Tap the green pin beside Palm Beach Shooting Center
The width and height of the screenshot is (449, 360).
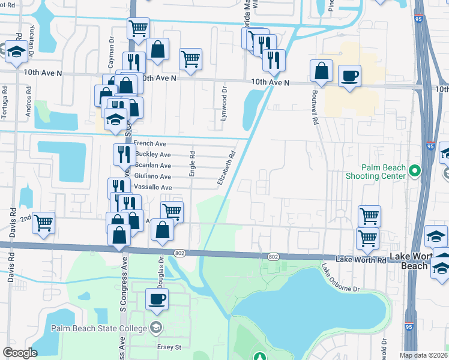[414, 172]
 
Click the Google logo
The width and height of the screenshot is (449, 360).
[20, 353]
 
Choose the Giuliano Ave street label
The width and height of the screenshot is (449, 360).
[153, 177]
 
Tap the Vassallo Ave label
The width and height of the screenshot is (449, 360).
[152, 188]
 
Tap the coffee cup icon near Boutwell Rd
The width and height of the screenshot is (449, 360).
[349, 76]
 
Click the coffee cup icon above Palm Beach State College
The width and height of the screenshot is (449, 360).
[157, 299]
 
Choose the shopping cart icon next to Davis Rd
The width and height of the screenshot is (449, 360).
[44, 223]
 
